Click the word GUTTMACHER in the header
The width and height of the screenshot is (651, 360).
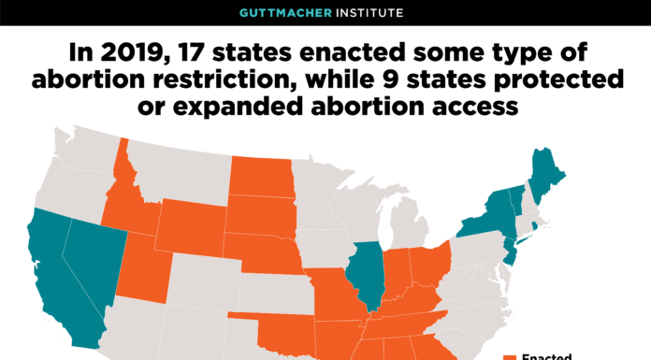291,13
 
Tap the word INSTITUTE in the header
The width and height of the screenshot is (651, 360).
369,13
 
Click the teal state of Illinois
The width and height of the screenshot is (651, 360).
365,272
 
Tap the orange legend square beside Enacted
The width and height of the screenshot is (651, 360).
510,357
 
